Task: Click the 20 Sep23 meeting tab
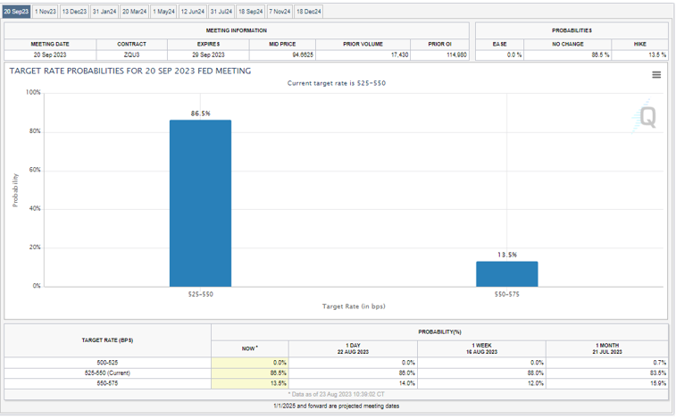[x=17, y=12]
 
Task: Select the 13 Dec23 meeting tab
[x=74, y=12]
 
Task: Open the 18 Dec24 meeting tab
[x=309, y=12]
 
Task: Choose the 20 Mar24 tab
[x=135, y=12]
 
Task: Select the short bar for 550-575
[x=506, y=273]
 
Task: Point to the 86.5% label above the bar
[x=200, y=113]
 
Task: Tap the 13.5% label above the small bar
[x=506, y=255]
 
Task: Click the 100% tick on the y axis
[x=32, y=92]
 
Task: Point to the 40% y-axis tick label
[x=34, y=208]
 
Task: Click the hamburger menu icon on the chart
[x=656, y=75]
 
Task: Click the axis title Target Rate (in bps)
[x=354, y=306]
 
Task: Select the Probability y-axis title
[x=15, y=189]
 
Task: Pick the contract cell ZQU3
[x=131, y=54]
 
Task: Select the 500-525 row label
[x=108, y=361]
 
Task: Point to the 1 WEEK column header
[x=481, y=346]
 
